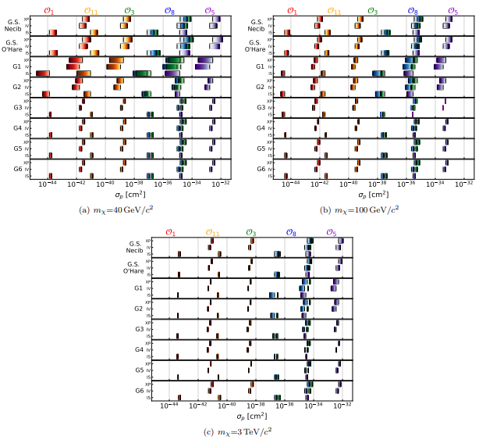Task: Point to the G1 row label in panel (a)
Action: click(16, 67)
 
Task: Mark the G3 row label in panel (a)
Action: click(16, 107)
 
